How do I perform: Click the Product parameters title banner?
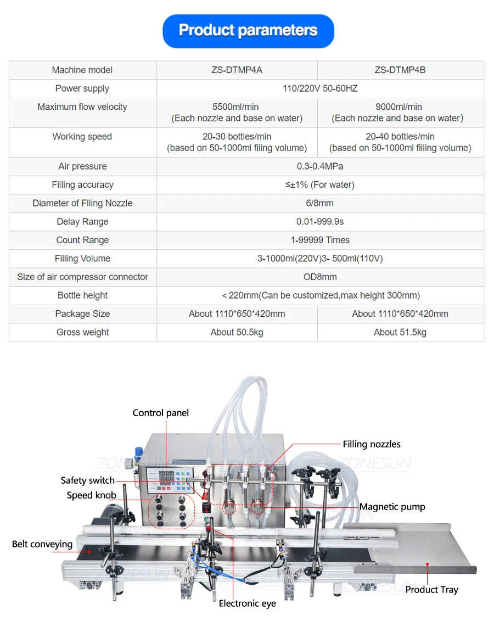[x=248, y=31]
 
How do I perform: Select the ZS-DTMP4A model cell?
[x=237, y=70]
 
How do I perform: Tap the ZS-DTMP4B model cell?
[x=400, y=70]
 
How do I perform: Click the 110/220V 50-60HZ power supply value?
[x=321, y=88]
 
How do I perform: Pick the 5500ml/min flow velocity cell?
[x=237, y=112]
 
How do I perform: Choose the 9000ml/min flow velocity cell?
[x=400, y=112]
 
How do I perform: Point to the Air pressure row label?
[x=83, y=166]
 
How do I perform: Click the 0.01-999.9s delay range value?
[x=321, y=222]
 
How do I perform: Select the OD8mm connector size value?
[x=321, y=277]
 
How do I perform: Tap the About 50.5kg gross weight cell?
[x=237, y=332]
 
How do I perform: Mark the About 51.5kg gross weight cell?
[x=400, y=332]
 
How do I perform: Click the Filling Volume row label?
[x=83, y=259]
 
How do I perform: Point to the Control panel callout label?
[x=161, y=413]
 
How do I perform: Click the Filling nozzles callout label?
[x=372, y=444]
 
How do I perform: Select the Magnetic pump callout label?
[x=392, y=507]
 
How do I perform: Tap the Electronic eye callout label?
[x=247, y=603]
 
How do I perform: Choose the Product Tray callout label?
[x=431, y=590]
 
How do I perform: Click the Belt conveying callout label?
[x=42, y=544]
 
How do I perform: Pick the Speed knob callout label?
[x=92, y=495]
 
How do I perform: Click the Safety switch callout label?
[x=88, y=480]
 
